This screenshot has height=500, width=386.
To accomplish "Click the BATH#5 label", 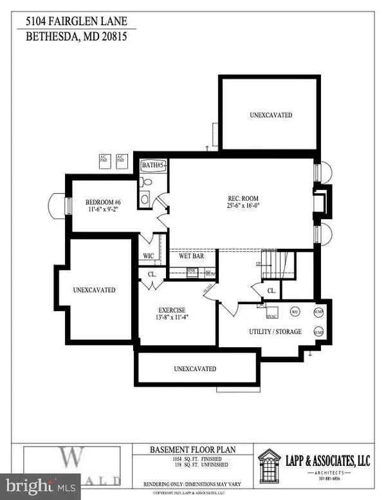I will coord(154,166).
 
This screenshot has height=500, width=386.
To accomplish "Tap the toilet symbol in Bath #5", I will coord(146,182).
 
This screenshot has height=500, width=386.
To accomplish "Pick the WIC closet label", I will coord(149,256).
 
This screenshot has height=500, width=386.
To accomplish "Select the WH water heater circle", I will coord(294,312).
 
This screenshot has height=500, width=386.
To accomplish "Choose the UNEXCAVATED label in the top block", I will coord(270,115).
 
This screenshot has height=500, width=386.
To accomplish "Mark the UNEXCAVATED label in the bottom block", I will coord(194,369).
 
